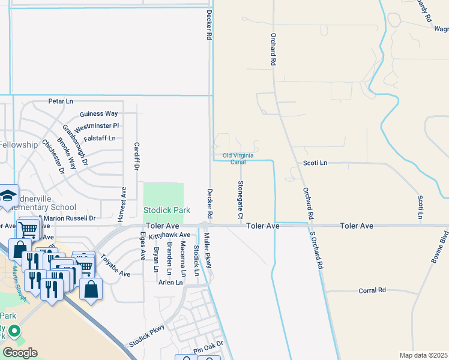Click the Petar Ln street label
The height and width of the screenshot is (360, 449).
(x=60, y=102)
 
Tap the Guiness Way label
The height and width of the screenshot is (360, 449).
(x=98, y=114)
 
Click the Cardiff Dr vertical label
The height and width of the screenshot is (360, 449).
(x=136, y=155)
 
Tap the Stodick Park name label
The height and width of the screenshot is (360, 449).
(x=167, y=211)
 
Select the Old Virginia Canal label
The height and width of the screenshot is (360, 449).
(x=243, y=158)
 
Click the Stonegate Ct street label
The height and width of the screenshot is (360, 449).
(x=240, y=199)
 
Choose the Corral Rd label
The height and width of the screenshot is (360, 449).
(x=372, y=290)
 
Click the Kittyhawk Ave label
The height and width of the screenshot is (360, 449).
(x=170, y=235)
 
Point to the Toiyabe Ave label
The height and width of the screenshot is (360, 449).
(x=115, y=265)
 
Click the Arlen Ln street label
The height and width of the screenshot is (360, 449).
(x=170, y=282)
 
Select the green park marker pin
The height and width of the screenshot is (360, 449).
(x=14, y=331)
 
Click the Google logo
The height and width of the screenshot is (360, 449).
(x=20, y=352)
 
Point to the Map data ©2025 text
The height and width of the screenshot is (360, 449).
(x=423, y=355)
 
